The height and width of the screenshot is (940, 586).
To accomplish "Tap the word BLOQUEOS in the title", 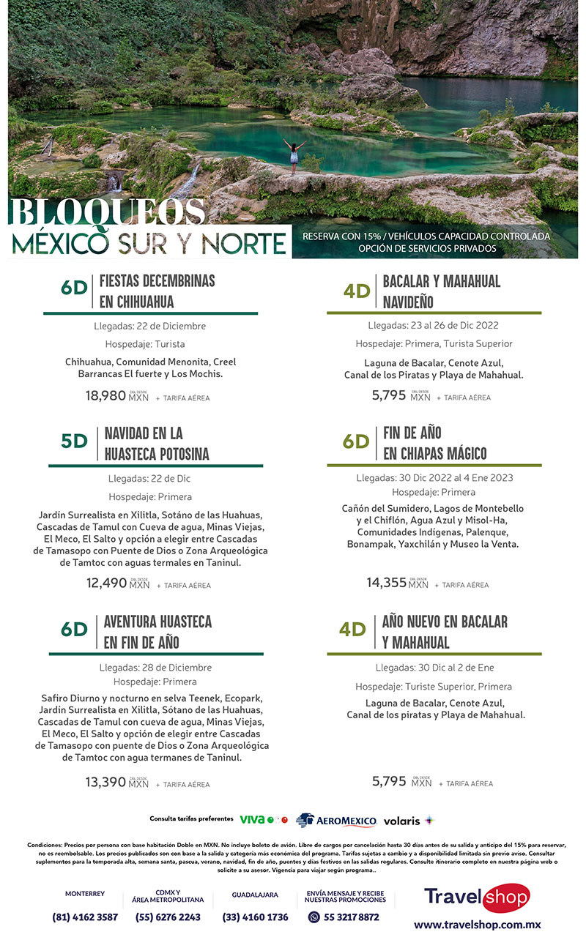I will tap(107, 213).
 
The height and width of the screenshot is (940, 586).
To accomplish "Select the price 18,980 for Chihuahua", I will tap(106, 396).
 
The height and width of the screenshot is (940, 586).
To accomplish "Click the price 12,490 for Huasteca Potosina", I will tap(107, 583).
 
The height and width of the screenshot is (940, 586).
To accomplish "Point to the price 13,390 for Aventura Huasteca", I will tap(106, 782).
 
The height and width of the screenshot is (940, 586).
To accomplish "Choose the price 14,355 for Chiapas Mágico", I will tap(386, 583).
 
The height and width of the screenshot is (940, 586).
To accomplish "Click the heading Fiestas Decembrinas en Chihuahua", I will tap(157, 291).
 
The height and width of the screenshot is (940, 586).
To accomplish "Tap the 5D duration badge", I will tap(74, 441).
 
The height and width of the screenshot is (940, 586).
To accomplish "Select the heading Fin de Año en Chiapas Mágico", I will tap(434, 443).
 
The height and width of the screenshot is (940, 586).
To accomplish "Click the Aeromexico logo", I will tap(336, 820).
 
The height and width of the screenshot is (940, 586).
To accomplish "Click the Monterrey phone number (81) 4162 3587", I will tap(85, 917).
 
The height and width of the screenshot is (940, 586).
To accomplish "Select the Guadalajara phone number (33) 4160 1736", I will tap(255, 917).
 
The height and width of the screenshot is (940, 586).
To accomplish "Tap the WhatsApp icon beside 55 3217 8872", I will tap(314, 917).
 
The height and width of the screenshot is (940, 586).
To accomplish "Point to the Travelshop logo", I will tap(477, 897).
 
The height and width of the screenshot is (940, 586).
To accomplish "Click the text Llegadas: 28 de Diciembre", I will tap(155, 668).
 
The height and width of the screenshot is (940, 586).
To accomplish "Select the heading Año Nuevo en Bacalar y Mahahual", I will tap(444, 632).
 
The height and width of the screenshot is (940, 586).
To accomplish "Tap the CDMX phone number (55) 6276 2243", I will tap(168, 917).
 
